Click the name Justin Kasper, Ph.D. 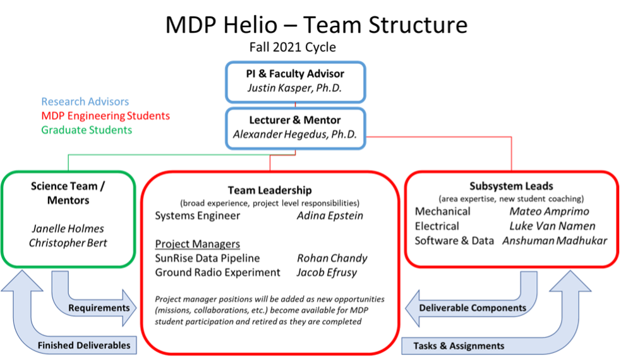(x=294, y=88)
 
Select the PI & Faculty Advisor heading (x=294, y=73)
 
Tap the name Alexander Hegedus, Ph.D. (x=294, y=134)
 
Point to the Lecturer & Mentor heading (x=294, y=120)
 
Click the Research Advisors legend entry (x=85, y=102)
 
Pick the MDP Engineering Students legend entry (x=106, y=116)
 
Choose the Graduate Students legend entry (x=87, y=130)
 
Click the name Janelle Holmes (x=68, y=229)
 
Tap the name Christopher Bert (x=68, y=243)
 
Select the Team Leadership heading (x=270, y=190)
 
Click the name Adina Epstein (x=330, y=216)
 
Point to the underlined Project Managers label (x=197, y=244)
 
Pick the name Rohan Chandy (x=332, y=258)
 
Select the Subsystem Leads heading (x=511, y=186)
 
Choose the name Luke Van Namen (x=552, y=226)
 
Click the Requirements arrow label (x=99, y=308)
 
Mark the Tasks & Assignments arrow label (x=459, y=345)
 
